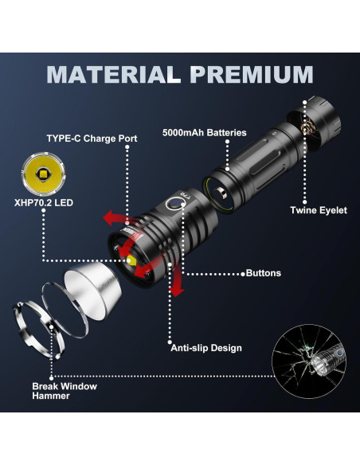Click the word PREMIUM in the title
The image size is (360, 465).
pyautogui.click(x=252, y=74)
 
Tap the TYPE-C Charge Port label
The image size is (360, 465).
pyautogui.click(x=93, y=139)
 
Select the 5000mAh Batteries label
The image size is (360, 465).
pyautogui.click(x=204, y=132)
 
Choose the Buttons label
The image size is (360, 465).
pyautogui.click(x=263, y=273)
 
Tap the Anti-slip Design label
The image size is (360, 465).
pyautogui.click(x=206, y=348)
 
